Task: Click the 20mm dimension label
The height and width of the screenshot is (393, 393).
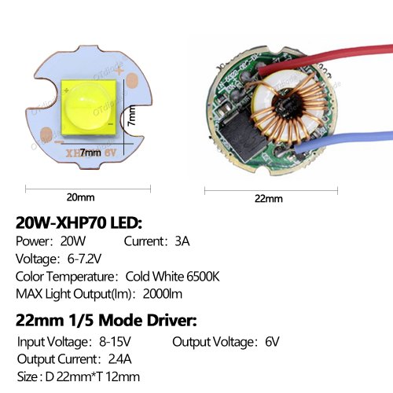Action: [80, 197]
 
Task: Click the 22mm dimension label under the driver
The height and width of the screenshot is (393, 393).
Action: [269, 199]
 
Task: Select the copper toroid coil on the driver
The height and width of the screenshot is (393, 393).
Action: [288, 108]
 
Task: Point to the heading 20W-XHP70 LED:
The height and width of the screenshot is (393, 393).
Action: [79, 223]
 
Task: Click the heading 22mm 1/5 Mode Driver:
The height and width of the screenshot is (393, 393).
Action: [106, 320]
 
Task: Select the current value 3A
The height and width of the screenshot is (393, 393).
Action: [182, 241]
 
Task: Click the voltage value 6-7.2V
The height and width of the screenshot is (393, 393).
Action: [84, 259]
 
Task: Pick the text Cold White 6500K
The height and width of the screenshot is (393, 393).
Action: [172, 277]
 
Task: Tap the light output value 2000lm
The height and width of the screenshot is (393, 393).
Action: [163, 294]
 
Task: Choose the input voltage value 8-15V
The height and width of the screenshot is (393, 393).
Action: [115, 342]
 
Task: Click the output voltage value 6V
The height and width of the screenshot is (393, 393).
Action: [272, 342]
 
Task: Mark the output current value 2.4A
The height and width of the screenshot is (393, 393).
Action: [119, 359]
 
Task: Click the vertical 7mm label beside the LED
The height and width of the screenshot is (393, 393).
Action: [132, 116]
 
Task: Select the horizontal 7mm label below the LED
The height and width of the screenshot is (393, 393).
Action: [90, 152]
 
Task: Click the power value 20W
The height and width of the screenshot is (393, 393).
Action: [73, 241]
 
